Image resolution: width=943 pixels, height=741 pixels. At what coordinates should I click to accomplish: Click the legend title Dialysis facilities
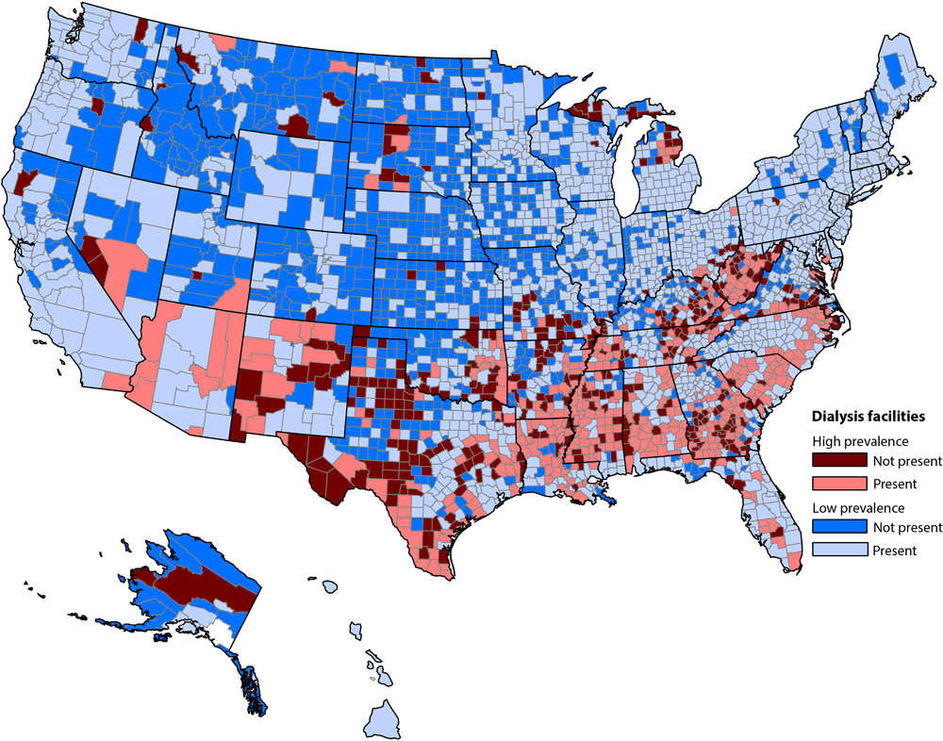tap(868, 415)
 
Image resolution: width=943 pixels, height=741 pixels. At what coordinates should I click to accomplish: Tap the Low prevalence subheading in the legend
tap(860, 508)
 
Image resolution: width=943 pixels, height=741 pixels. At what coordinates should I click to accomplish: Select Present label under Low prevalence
tap(895, 551)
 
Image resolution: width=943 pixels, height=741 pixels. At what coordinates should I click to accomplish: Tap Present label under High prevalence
tap(895, 484)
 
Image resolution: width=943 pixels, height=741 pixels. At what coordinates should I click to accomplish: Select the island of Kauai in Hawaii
tap(330, 586)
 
